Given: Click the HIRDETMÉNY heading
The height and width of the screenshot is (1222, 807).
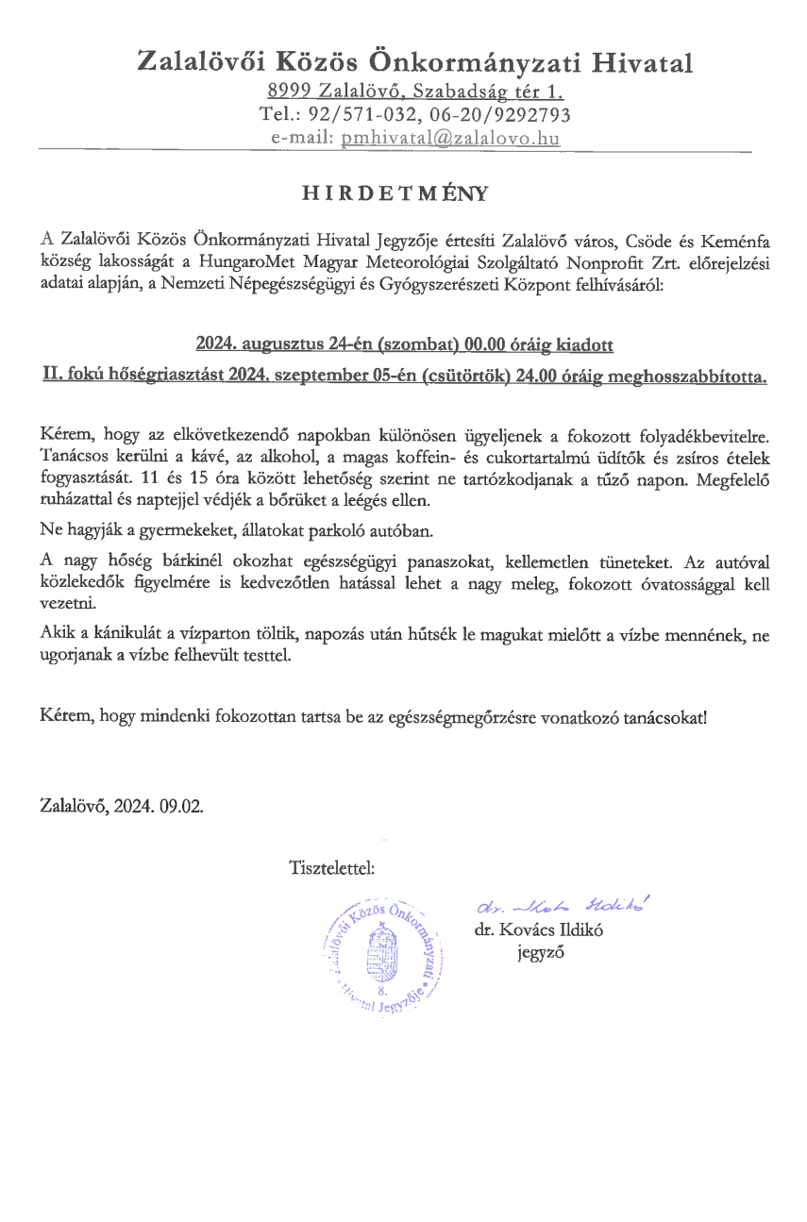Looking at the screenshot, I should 395,194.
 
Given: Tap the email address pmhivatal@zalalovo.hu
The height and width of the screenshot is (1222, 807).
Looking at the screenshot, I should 450,138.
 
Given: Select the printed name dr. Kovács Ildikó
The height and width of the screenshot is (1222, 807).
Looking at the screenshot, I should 539,929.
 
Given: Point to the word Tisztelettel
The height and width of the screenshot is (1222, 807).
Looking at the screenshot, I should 331,865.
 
